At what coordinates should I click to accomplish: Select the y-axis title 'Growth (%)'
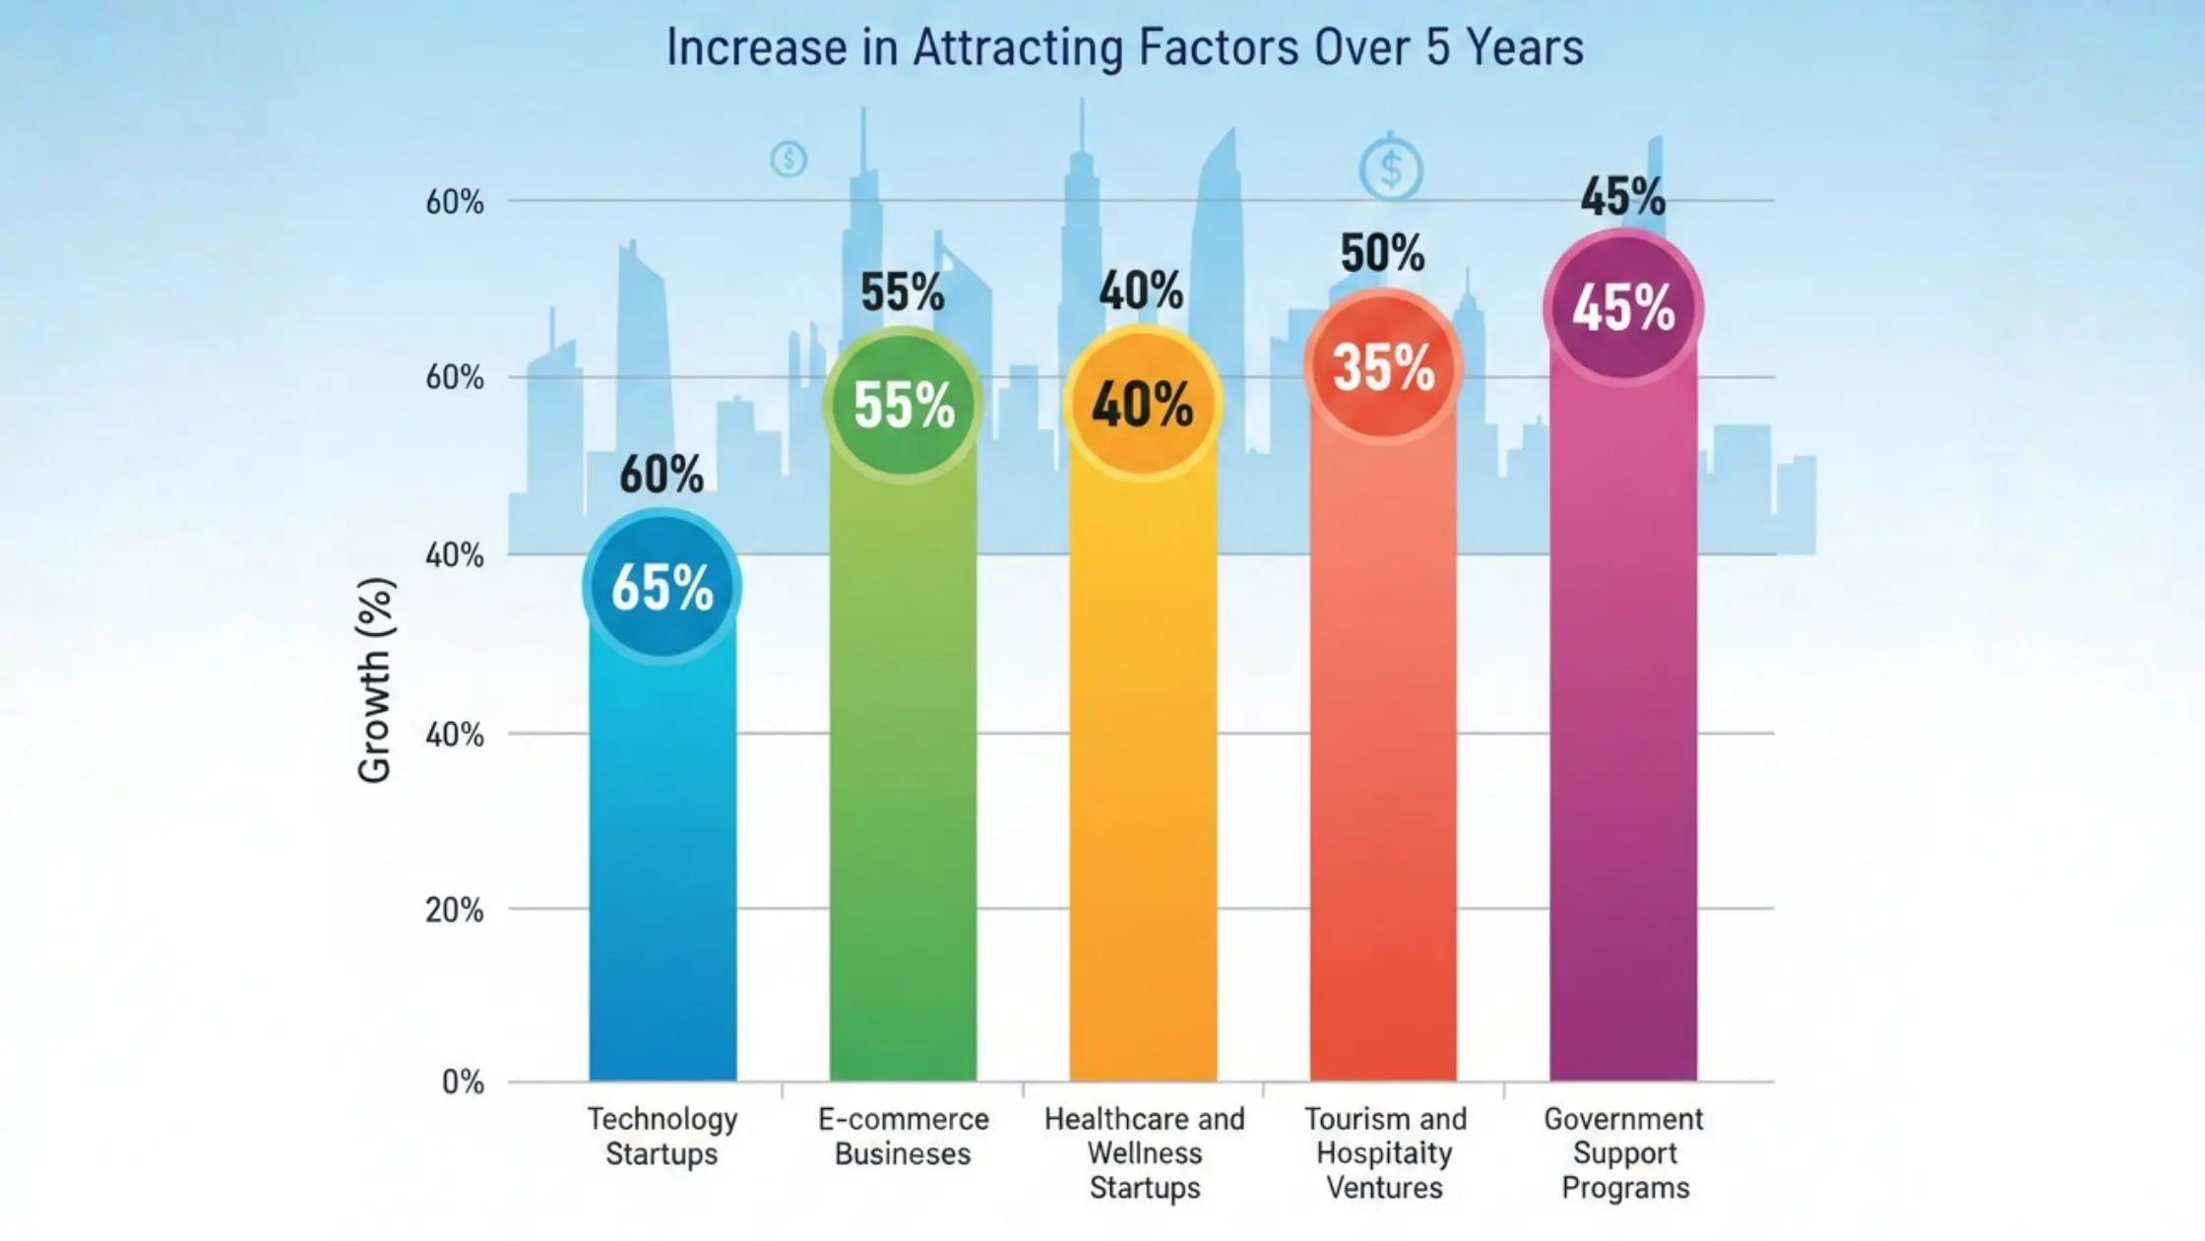point(375,680)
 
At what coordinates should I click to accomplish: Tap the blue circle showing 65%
point(661,587)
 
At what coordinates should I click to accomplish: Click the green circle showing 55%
point(903,405)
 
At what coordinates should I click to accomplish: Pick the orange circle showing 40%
point(1143,405)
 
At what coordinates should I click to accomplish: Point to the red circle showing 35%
point(1383,367)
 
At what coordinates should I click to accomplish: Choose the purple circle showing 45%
point(1622,307)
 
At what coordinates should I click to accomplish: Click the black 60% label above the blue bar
point(661,475)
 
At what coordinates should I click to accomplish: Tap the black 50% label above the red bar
point(1382,253)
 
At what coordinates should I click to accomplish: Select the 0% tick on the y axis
point(463,1082)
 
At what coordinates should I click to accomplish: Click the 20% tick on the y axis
point(454,910)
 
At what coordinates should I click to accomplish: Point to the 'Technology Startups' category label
point(661,1136)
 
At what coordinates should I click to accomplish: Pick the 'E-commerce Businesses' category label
point(903,1136)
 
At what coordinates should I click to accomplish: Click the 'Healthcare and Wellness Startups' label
point(1144,1152)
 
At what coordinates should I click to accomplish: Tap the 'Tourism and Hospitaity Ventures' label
point(1384,1152)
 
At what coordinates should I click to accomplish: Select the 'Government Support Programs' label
point(1624,1152)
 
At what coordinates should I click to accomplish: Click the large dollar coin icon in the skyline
point(1390,170)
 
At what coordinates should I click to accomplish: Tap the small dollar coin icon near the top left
point(788,159)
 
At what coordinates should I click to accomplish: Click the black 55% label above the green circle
point(902,293)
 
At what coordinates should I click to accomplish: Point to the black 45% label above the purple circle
point(1622,197)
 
